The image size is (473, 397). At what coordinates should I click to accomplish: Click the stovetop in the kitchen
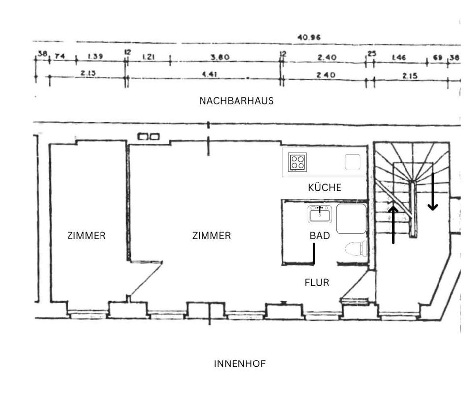(297, 162)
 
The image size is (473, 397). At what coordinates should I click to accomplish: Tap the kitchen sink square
(352, 162)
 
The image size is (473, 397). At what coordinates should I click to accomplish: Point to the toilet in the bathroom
(356, 248)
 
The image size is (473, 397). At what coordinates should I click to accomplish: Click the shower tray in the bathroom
(351, 218)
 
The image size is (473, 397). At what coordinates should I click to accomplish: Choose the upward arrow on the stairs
(393, 224)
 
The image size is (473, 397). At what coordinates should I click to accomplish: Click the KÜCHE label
(325, 188)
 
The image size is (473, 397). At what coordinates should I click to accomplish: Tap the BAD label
(320, 236)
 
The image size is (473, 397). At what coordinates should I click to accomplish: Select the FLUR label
(317, 283)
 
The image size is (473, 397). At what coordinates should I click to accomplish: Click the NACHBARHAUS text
(236, 101)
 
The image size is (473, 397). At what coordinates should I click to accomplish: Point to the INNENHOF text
(239, 364)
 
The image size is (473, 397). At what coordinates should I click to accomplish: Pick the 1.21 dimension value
(149, 57)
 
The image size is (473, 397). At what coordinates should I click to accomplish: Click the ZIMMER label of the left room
(86, 236)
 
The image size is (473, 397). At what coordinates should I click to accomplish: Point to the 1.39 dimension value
(95, 57)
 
